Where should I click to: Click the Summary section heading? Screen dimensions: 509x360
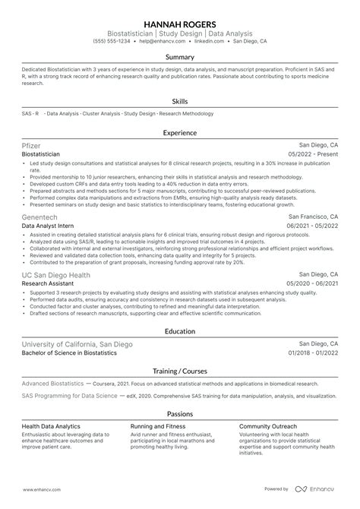(180, 56)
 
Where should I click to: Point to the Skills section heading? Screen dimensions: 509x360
(180, 100)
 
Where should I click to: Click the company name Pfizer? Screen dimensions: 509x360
(33, 144)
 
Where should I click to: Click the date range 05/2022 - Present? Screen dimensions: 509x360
(313, 154)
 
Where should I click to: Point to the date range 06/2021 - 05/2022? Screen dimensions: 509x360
(312, 226)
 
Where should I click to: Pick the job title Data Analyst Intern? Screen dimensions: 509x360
(48, 226)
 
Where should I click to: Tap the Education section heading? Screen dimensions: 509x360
(180, 331)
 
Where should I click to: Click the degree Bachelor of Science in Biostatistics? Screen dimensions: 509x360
(69, 354)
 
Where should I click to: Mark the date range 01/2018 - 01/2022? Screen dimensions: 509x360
(312, 354)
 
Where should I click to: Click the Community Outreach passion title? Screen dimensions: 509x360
(268, 426)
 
